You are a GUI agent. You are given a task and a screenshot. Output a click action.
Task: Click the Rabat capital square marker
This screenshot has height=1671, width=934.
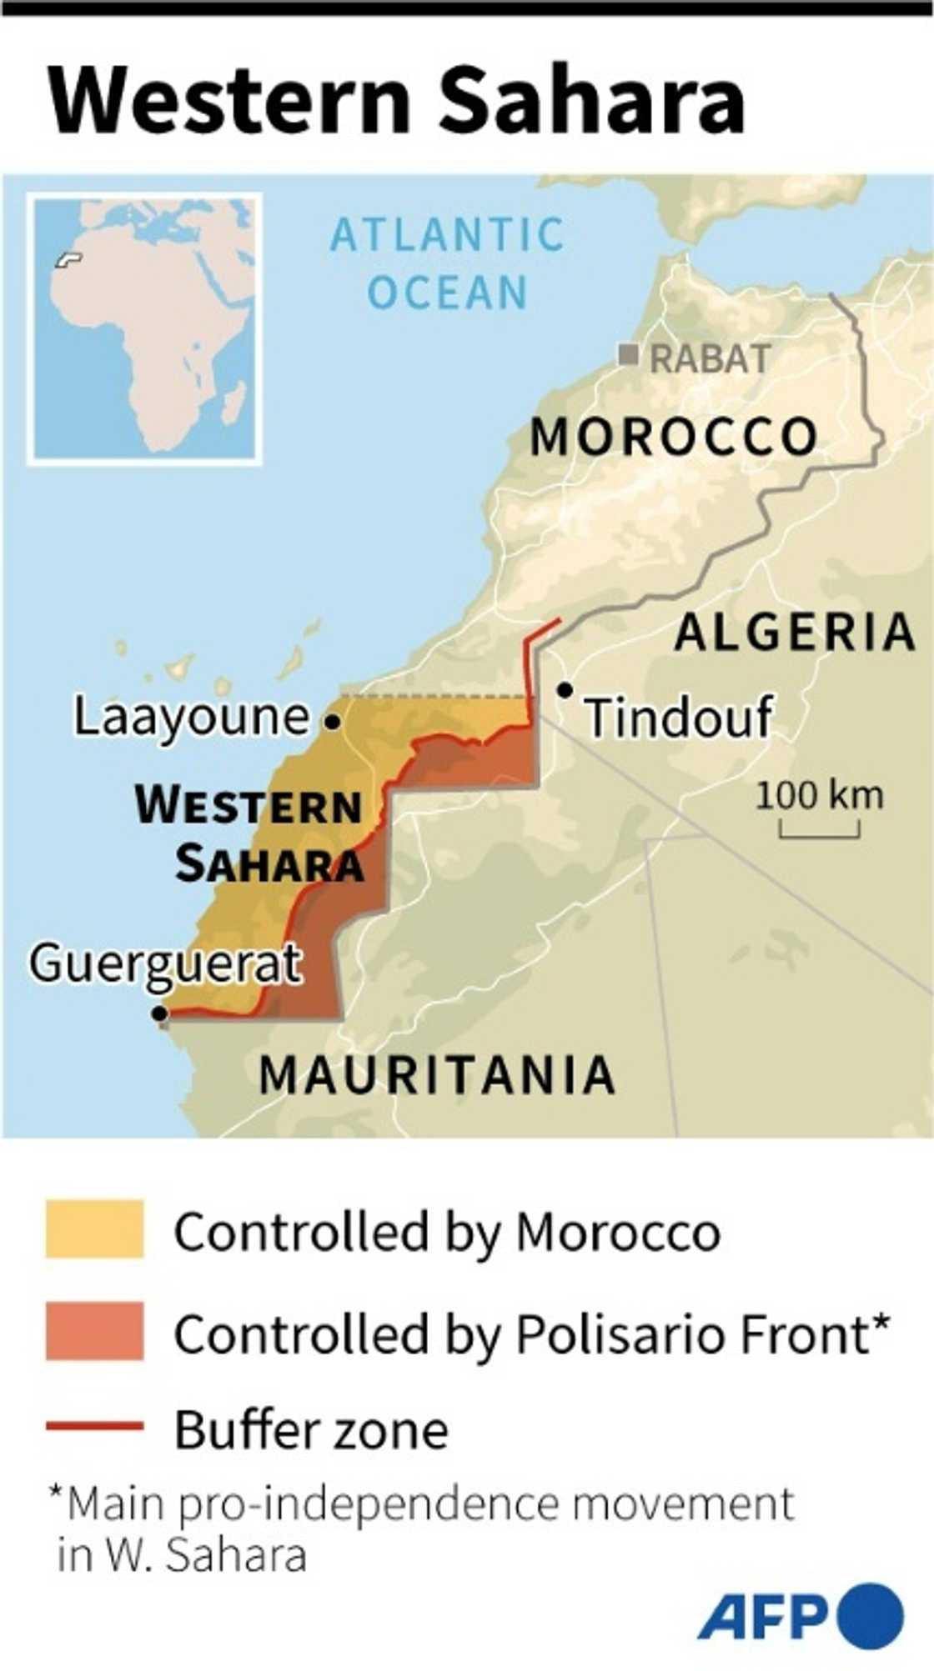pyautogui.click(x=628, y=355)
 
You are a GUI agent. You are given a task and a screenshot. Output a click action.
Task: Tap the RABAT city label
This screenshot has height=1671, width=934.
pyautogui.click(x=709, y=359)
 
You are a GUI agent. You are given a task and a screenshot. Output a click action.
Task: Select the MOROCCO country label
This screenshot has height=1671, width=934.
pyautogui.click(x=674, y=437)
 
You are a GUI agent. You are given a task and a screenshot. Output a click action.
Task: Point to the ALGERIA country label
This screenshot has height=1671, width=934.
pyautogui.click(x=795, y=632)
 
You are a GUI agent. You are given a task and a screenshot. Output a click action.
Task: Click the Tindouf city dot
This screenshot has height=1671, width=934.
pyautogui.click(x=565, y=690)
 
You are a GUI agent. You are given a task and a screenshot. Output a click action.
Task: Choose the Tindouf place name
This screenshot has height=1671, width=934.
pyautogui.click(x=678, y=718)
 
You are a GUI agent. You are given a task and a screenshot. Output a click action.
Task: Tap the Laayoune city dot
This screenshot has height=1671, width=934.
pyautogui.click(x=332, y=722)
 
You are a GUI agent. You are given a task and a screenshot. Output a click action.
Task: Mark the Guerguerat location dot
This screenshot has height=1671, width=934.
pyautogui.click(x=159, y=1013)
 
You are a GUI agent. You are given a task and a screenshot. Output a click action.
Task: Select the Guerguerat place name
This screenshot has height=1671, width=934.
pyautogui.click(x=165, y=964)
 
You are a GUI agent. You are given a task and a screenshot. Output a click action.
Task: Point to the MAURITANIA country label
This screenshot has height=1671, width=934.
pyautogui.click(x=437, y=1075)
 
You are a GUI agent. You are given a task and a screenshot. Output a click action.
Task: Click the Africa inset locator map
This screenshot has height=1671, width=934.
pyautogui.click(x=145, y=328)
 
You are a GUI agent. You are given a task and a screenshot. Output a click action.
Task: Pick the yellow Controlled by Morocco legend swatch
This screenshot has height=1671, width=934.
pyautogui.click(x=94, y=1228)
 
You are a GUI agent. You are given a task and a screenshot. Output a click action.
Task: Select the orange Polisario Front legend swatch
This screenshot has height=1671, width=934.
pyautogui.click(x=94, y=1331)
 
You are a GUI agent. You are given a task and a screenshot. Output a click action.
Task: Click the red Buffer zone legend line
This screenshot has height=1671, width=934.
pyautogui.click(x=94, y=1427)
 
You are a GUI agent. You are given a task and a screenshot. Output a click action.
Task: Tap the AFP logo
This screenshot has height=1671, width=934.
pyautogui.click(x=800, y=1617)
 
